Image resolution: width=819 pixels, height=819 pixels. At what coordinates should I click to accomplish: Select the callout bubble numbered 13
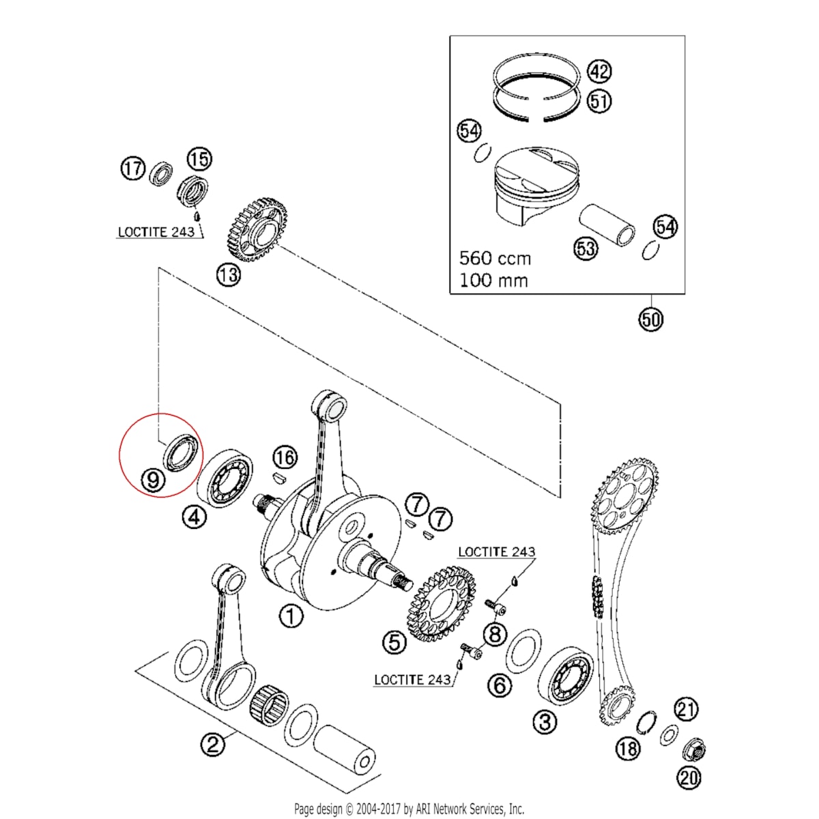click(229, 275)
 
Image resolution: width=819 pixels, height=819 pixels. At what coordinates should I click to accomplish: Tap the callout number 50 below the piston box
click(651, 319)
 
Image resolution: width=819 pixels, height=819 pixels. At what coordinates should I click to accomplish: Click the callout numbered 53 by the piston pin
click(586, 248)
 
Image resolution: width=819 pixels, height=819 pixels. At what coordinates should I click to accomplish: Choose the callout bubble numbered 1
click(291, 616)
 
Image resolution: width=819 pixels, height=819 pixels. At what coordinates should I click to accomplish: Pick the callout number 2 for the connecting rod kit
click(213, 743)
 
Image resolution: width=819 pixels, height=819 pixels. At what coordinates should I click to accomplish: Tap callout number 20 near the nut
click(689, 776)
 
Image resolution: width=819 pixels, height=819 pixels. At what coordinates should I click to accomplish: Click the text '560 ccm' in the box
click(495, 258)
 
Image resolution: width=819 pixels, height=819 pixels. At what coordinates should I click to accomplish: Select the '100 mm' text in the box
click(493, 280)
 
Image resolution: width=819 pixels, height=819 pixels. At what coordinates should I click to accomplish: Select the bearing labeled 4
click(225, 477)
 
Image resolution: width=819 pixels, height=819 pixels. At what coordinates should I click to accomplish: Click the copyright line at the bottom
click(409, 809)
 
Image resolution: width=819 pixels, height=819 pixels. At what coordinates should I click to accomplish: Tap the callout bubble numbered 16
click(285, 457)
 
